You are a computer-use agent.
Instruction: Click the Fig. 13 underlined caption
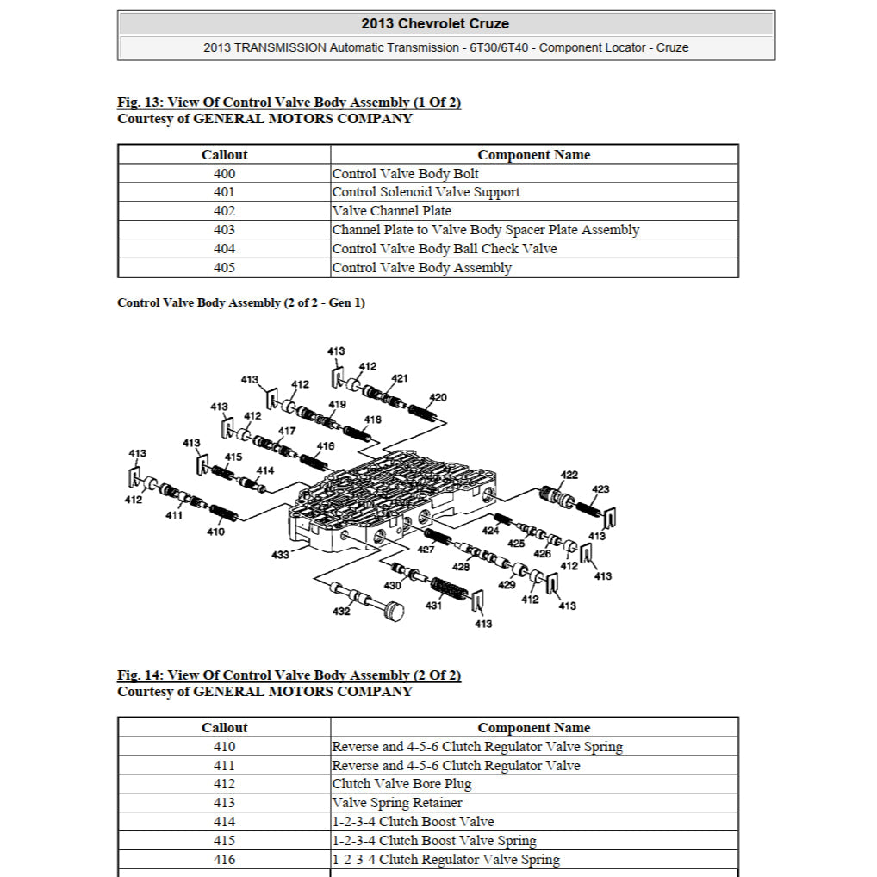289,103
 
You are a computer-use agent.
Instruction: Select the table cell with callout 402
224,211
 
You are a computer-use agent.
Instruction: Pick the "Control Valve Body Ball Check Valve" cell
445,249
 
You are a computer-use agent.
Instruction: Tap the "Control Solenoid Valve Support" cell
426,192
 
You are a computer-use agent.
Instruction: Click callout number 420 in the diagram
438,397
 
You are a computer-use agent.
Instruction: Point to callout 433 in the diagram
280,555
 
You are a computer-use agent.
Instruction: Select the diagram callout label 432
341,612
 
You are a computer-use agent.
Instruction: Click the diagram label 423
600,489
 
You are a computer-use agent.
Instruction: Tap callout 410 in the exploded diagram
215,532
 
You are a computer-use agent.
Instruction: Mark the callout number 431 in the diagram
433,606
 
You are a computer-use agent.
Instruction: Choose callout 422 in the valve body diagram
569,475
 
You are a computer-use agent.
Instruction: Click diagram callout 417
287,431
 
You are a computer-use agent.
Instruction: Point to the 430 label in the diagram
393,586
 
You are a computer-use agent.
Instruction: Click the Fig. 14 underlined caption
289,675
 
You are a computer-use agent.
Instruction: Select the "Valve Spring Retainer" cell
397,803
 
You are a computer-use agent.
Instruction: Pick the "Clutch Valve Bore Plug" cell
401,784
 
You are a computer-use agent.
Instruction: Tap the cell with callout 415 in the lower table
224,841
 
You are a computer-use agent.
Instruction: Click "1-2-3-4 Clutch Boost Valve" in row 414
414,822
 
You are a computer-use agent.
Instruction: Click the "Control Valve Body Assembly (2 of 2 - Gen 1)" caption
241,303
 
